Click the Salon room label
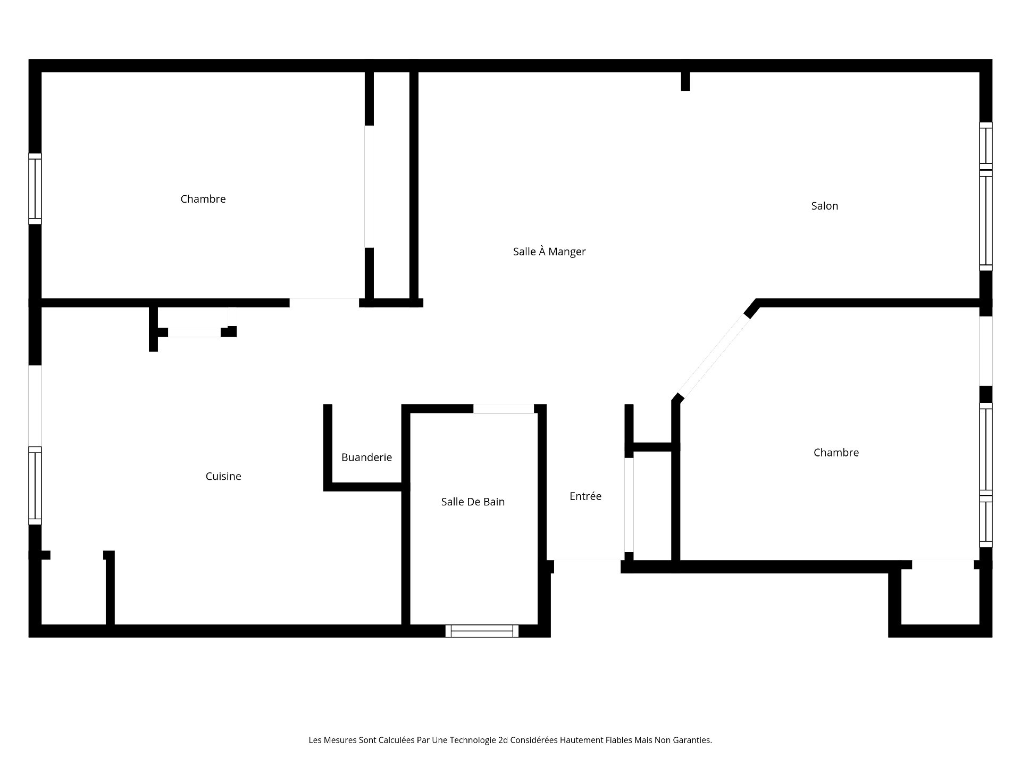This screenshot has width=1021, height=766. [x=824, y=206]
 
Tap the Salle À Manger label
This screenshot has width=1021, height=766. [x=549, y=252]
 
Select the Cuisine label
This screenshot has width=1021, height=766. [x=223, y=476]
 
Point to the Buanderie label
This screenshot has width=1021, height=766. [x=366, y=457]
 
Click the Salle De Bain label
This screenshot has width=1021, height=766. [x=473, y=502]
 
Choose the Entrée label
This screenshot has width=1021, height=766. [x=585, y=496]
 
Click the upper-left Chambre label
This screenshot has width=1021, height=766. [x=203, y=199]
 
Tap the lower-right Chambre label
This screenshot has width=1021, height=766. [x=836, y=453]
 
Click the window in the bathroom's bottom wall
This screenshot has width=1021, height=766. [x=482, y=631]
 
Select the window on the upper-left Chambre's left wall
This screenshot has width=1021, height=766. [x=35, y=189]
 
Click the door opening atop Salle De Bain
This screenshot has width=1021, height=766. [x=504, y=409]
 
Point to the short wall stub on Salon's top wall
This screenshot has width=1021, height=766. [x=685, y=81]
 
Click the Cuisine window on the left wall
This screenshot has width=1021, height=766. [x=35, y=486]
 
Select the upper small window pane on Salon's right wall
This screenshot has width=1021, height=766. [x=986, y=146]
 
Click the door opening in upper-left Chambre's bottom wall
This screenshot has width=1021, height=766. [x=324, y=303]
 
